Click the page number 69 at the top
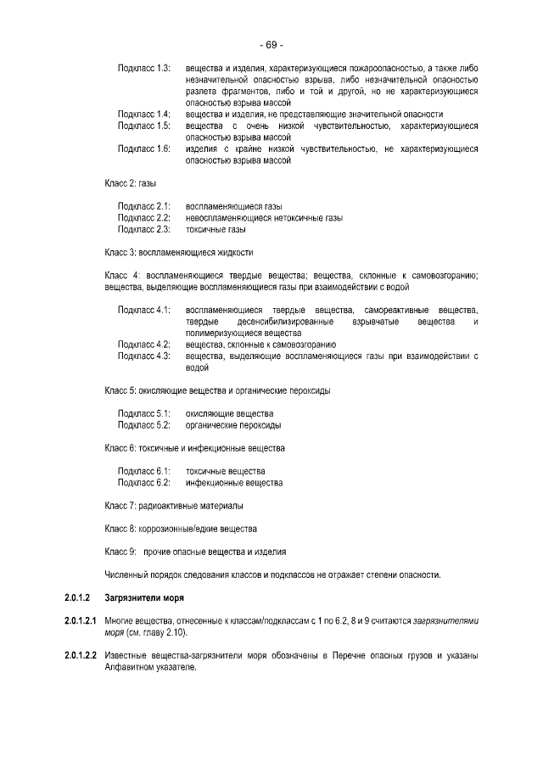[271, 45]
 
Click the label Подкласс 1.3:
[143, 66]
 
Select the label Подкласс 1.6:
[143, 149]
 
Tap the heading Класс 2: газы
[130, 182]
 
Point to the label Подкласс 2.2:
[143, 217]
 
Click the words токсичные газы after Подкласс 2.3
[216, 229]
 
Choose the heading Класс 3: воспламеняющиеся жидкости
[179, 252]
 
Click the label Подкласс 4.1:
[143, 311]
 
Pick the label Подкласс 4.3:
[143, 356]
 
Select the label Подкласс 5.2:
[143, 425]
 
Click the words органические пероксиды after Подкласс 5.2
[233, 425]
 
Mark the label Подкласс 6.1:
[143, 471]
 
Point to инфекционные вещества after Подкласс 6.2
[234, 483]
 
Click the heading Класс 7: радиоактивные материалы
[174, 506]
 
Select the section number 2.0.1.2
[77, 598]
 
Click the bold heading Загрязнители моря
[139, 598]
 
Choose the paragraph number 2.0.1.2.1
[81, 621]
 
